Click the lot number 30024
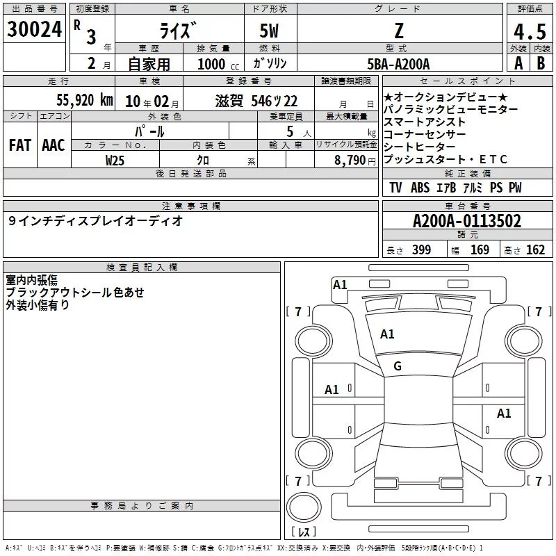[34, 29]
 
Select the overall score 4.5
[530, 31]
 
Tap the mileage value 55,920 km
[85, 100]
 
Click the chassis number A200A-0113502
[467, 221]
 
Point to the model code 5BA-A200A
[398, 64]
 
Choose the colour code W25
[115, 161]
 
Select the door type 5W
[269, 31]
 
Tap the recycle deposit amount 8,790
[350, 160]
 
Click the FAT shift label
[20, 145]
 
